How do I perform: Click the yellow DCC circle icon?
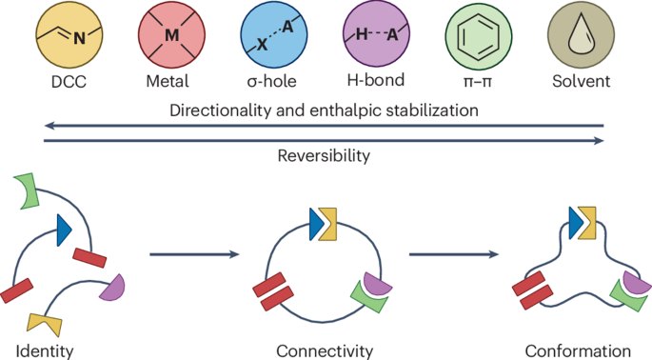pos(69,34)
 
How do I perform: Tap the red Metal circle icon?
pos(171,34)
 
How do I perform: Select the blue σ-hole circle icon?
pos(274,34)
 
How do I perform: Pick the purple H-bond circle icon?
pos(376,34)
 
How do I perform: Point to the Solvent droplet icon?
pos(581,34)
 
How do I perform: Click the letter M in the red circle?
pos(171,35)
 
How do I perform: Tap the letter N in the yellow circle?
pos(79,39)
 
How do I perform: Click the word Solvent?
pos(581,81)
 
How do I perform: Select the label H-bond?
pos(376,80)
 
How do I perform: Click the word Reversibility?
pos(324,156)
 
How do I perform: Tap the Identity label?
pos(45,351)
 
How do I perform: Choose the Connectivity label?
pos(325,351)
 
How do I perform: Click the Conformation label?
pos(578,351)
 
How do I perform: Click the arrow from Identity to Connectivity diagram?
pos(194,254)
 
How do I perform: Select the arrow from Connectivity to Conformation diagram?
pos(454,254)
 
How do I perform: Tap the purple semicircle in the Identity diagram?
pos(113,288)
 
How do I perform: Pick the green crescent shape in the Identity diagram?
pos(27,190)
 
